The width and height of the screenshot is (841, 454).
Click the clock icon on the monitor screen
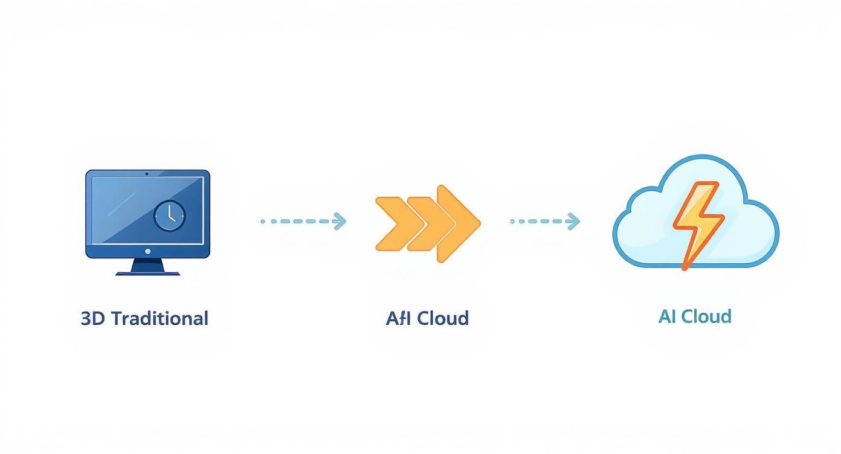coord(169,216)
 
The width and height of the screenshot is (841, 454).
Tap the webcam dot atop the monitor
coord(147,174)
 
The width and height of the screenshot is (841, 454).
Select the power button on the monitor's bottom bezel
coord(147,251)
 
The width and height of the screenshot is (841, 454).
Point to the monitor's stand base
coord(147,272)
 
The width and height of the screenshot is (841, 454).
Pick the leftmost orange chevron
coord(390,223)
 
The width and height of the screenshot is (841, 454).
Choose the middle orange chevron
coord(423,223)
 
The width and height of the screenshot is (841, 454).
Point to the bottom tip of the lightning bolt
coord(685,266)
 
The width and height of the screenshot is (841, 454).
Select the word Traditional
coord(160,318)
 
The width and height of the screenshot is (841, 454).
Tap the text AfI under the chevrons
coord(399,318)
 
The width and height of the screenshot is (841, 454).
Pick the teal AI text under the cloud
coord(666,316)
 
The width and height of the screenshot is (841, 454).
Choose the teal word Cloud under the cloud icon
coord(706,316)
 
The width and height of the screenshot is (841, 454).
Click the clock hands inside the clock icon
coord(171,213)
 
